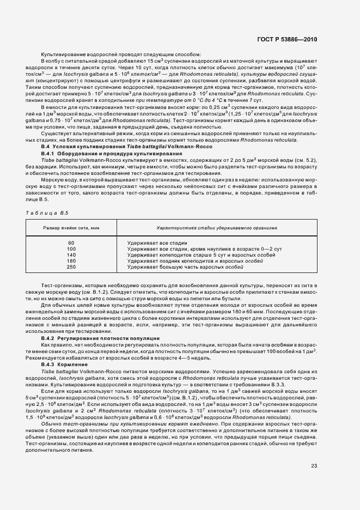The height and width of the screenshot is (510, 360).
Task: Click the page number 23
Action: [314, 465]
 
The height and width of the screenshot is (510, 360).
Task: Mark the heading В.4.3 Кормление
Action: [65, 363]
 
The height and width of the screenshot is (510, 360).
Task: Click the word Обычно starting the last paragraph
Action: [50, 424]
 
